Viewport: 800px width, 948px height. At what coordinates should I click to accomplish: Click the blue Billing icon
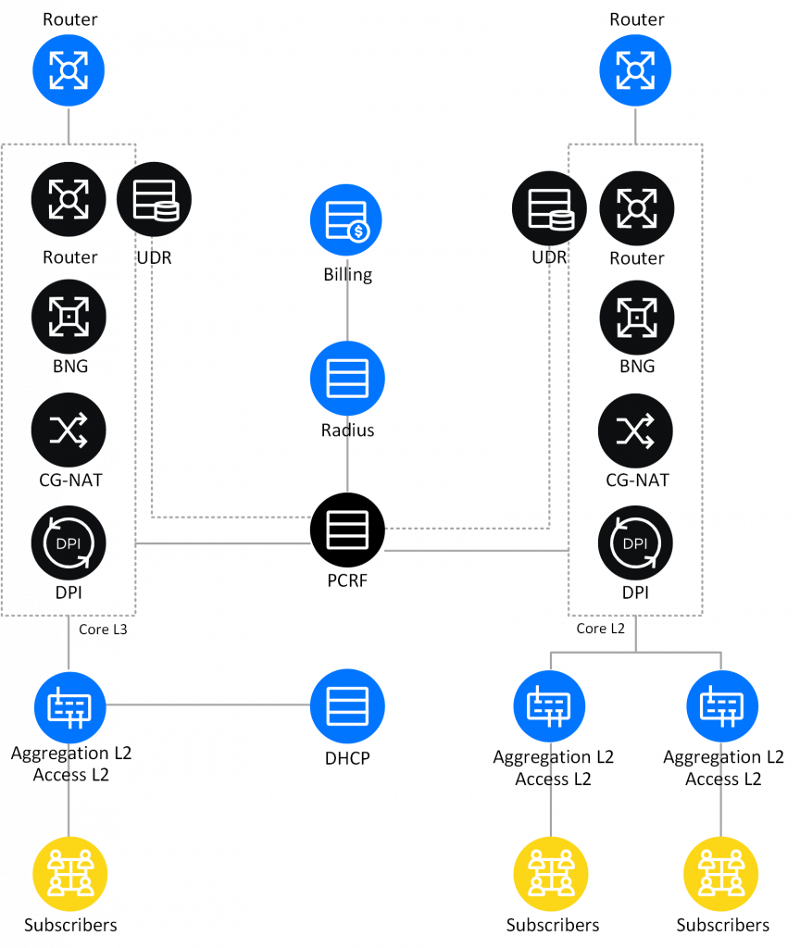tap(347, 219)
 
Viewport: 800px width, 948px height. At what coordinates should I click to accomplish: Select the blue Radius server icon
tap(347, 377)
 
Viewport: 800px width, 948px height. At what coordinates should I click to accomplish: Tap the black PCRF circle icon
tap(347, 530)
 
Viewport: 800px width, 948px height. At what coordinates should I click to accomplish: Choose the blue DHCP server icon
tap(347, 705)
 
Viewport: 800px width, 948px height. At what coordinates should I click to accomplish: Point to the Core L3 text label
tap(103, 630)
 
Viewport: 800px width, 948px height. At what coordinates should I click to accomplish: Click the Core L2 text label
tap(601, 630)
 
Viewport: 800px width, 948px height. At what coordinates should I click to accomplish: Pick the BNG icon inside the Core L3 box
tap(69, 317)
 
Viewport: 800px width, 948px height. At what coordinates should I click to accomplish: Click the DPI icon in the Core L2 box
tap(636, 543)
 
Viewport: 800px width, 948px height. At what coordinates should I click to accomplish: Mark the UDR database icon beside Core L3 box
tap(154, 200)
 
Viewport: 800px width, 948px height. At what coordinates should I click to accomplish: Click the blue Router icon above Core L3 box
tap(69, 69)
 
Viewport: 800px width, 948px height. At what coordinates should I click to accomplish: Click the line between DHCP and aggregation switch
tap(208, 705)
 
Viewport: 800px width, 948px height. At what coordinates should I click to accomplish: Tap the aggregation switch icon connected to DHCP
tap(70, 705)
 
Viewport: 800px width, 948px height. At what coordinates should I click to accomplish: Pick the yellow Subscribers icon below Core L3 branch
tap(70, 872)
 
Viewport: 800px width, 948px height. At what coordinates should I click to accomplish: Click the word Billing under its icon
tap(347, 275)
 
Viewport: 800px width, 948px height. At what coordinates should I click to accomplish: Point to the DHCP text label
tap(347, 757)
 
